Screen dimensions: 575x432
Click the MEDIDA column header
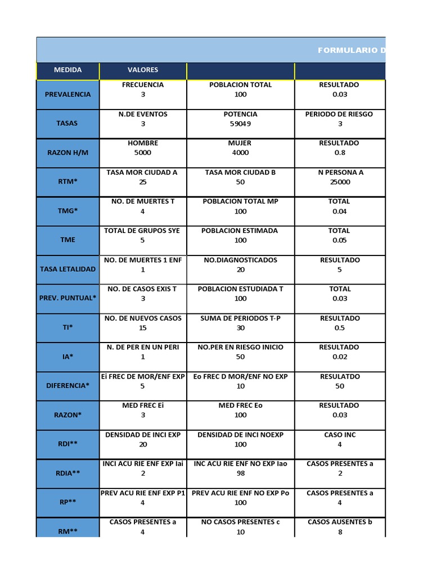pyautogui.click(x=67, y=70)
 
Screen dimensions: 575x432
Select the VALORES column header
pyautogui.click(x=143, y=70)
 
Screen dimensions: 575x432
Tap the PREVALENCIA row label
pyautogui.click(x=67, y=94)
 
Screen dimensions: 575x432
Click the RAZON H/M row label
pyautogui.click(x=67, y=153)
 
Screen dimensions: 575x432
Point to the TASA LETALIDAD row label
pyautogui.click(x=67, y=269)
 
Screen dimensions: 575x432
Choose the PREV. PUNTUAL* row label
pyautogui.click(x=67, y=298)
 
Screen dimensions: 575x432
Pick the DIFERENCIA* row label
pyautogui.click(x=67, y=386)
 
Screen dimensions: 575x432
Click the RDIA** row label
pyautogui.click(x=67, y=473)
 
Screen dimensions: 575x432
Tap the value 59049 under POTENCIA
pyautogui.click(x=240, y=124)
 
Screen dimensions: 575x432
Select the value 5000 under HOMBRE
pyautogui.click(x=143, y=153)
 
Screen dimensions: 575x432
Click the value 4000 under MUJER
pyautogui.click(x=240, y=153)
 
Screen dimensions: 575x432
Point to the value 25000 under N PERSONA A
pyautogui.click(x=340, y=182)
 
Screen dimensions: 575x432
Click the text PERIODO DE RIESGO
pyautogui.click(x=339, y=114)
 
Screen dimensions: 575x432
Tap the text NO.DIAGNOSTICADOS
pyautogui.click(x=240, y=260)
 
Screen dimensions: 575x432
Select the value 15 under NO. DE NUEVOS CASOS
pyautogui.click(x=143, y=328)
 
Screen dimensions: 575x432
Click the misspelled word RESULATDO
pyautogui.click(x=339, y=376)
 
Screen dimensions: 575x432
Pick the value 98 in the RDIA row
pyautogui.click(x=240, y=473)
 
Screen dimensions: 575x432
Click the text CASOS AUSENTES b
pyautogui.click(x=340, y=522)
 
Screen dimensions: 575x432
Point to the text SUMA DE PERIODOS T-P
pyautogui.click(x=240, y=318)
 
